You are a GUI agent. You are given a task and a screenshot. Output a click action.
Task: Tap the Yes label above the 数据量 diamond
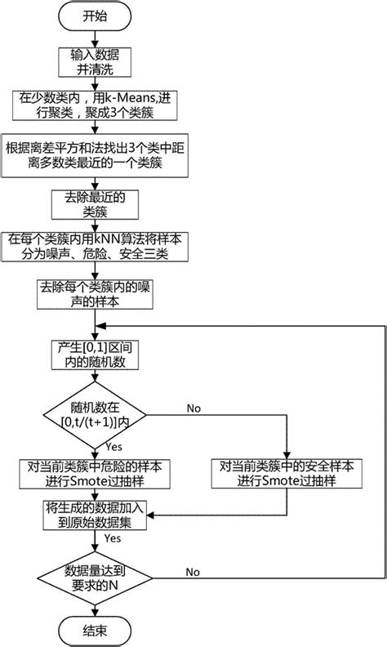pyautogui.click(x=113, y=540)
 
